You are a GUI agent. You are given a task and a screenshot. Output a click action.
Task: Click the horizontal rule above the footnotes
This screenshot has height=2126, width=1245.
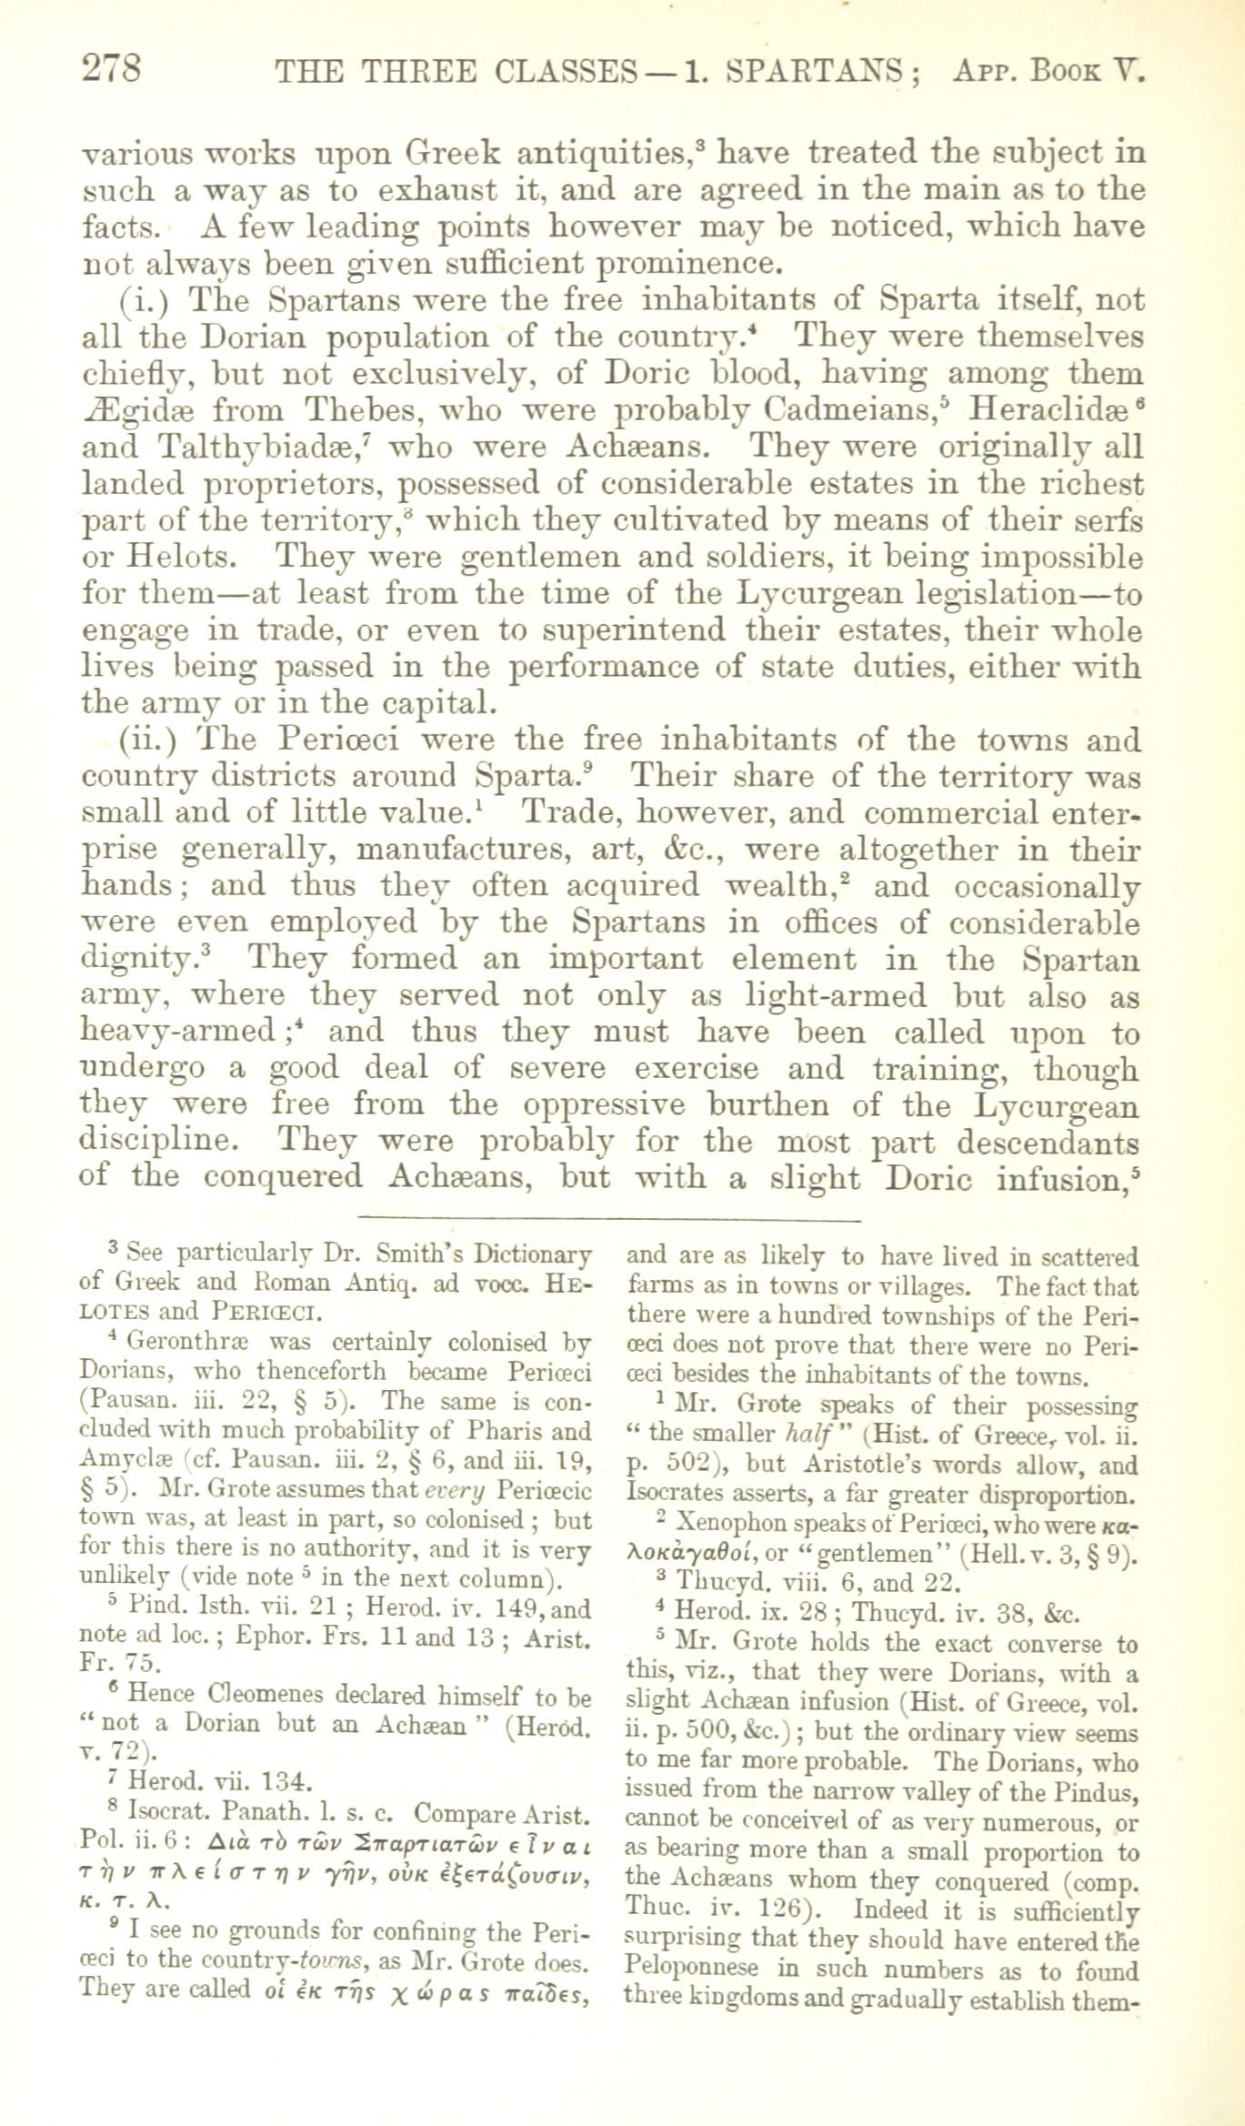(x=609, y=1217)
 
